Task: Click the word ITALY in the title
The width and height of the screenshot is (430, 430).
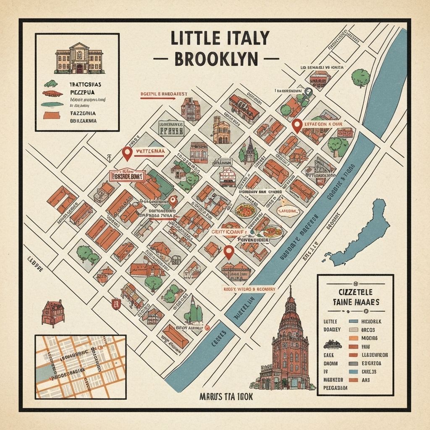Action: [x=246, y=39]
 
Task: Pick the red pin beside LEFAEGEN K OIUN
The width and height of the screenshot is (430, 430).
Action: [x=297, y=125]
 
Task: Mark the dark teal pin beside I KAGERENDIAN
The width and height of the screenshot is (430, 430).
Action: [x=309, y=92]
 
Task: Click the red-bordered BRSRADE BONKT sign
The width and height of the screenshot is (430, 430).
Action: [x=126, y=176]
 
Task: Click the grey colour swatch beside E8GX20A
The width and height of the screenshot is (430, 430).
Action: [x=354, y=363]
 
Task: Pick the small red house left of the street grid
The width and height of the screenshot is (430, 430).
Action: [x=54, y=312]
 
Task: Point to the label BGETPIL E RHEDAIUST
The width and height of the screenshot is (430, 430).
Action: [x=163, y=94]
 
